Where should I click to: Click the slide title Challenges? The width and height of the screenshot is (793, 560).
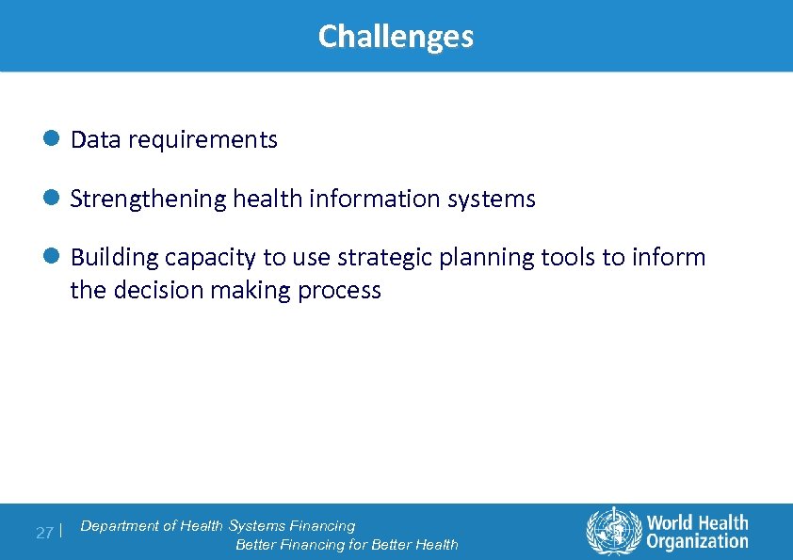tap(396, 37)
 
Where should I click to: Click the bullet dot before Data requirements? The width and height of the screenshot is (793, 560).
tap(53, 139)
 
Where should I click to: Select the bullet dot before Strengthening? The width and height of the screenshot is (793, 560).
tap(53, 199)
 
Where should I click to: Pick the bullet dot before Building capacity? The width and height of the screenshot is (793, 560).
tap(53, 257)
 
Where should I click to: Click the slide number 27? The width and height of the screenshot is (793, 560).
tap(44, 533)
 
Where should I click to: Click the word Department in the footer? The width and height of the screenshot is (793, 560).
tap(120, 526)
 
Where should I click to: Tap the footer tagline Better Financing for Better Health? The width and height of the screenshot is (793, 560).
tap(347, 544)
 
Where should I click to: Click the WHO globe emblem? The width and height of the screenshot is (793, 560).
tap(613, 532)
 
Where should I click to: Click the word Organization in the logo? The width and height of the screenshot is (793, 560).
tap(697, 541)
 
